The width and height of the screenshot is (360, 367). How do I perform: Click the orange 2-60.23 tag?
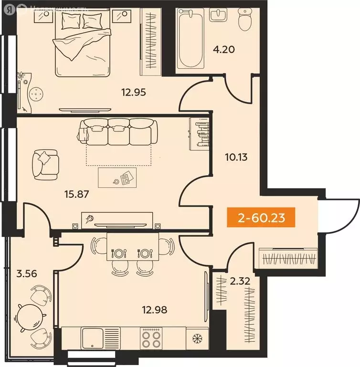click(261, 218)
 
